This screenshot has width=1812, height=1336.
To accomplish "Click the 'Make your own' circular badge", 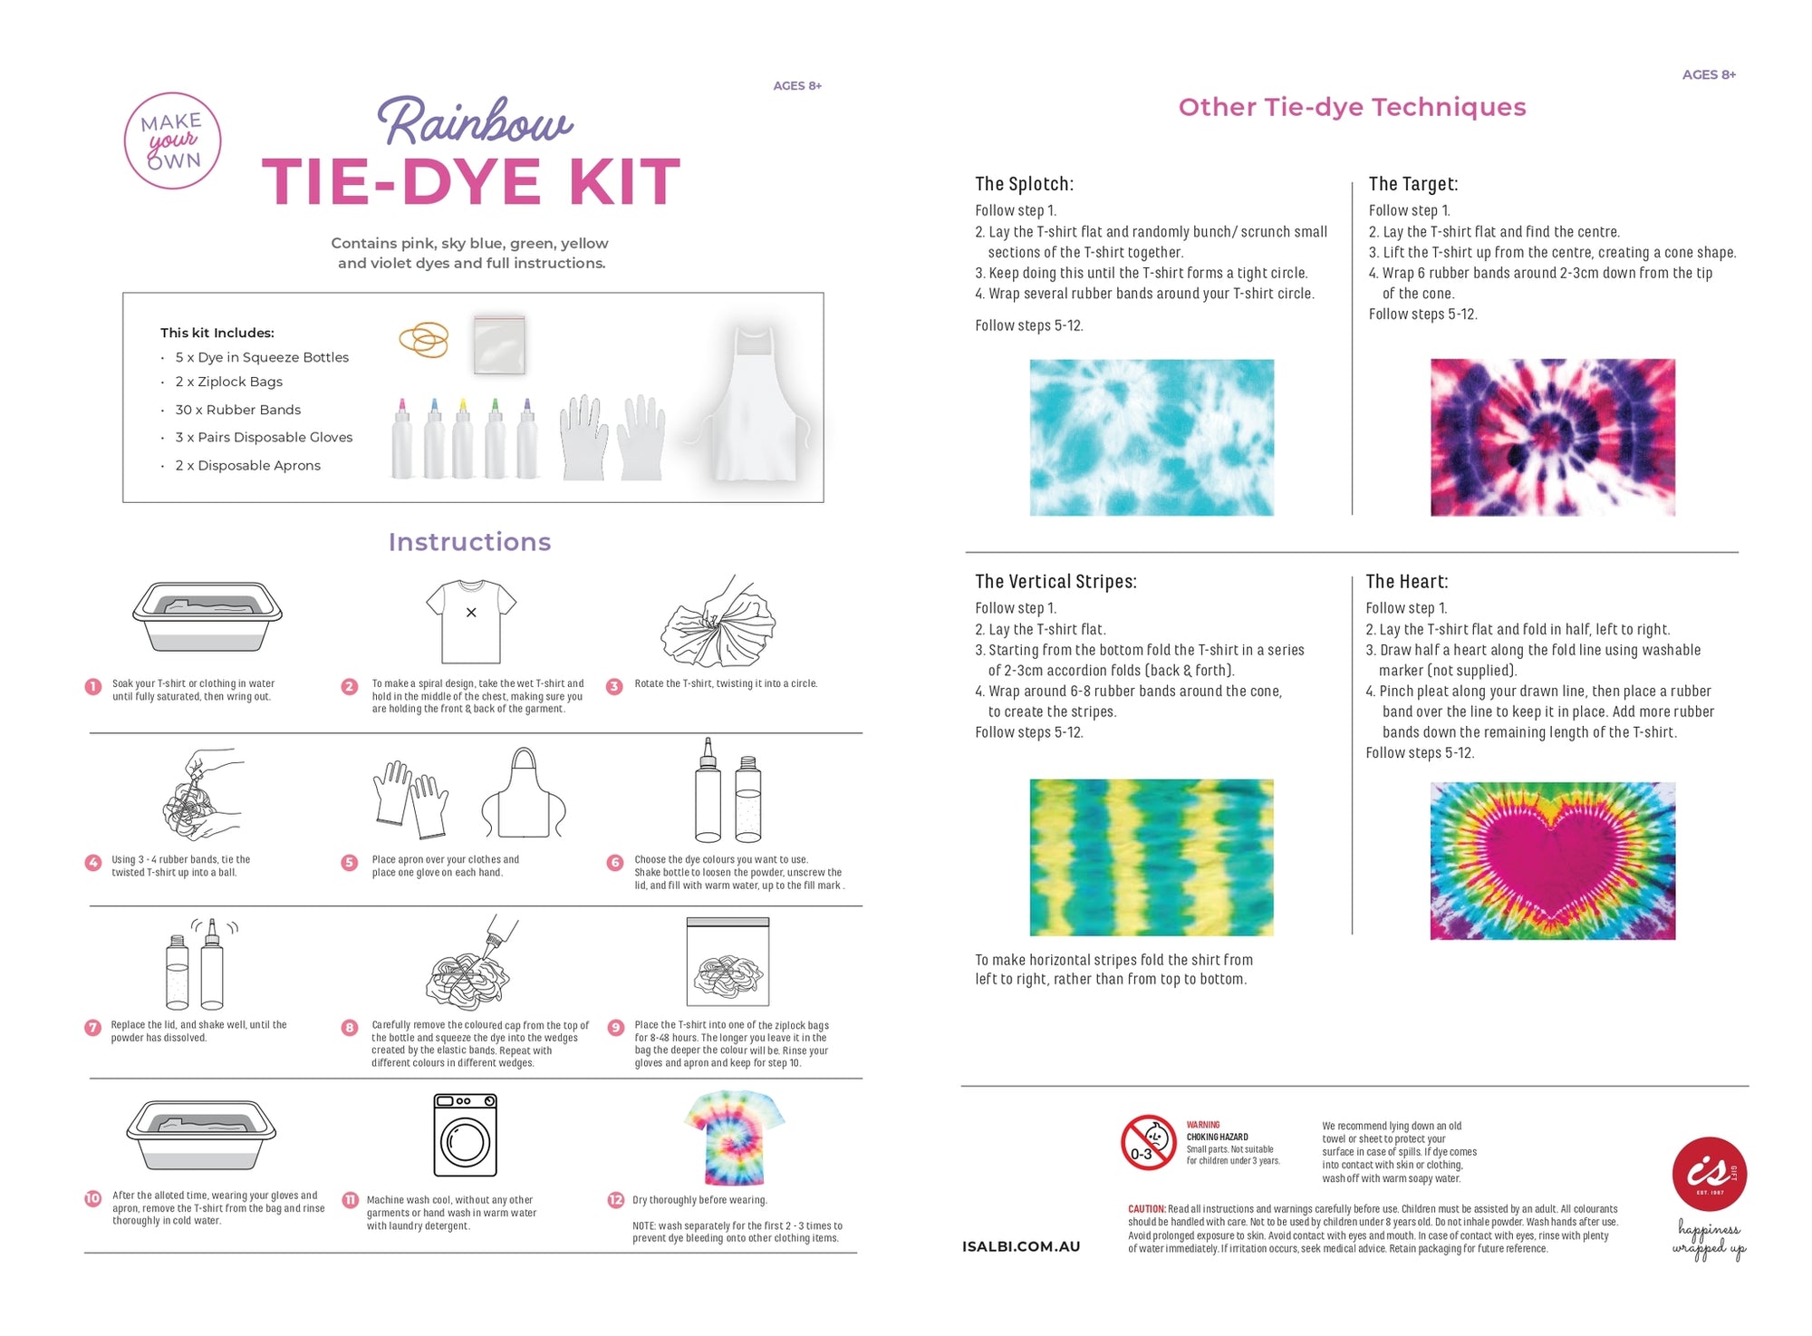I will pyautogui.click(x=172, y=140).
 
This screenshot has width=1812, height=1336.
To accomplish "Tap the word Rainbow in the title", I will pyautogui.click(x=474, y=121).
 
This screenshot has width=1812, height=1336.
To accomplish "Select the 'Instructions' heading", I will pyautogui.click(x=469, y=542).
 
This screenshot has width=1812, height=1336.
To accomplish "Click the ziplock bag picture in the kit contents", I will pyautogui.click(x=498, y=344).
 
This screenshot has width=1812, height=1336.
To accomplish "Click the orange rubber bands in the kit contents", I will pyautogui.click(x=424, y=340).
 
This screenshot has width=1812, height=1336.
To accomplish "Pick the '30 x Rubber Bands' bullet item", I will pyautogui.click(x=237, y=410).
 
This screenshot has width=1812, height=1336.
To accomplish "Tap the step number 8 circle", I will pyautogui.click(x=350, y=1027).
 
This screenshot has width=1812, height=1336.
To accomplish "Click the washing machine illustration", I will pyautogui.click(x=465, y=1135).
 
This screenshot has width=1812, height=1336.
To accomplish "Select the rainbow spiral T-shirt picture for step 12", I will pyautogui.click(x=734, y=1138).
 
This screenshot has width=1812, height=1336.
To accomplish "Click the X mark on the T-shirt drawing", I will pyautogui.click(x=471, y=613).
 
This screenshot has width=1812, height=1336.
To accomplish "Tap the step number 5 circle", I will pyautogui.click(x=350, y=862).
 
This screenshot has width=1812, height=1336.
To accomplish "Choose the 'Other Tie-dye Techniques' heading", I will pyautogui.click(x=1352, y=107).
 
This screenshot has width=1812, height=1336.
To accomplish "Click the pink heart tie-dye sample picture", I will pyautogui.click(x=1552, y=860).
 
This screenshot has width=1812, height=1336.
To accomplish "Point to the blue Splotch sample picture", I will pyautogui.click(x=1151, y=438).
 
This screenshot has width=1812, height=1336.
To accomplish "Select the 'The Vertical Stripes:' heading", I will pyautogui.click(x=1055, y=582).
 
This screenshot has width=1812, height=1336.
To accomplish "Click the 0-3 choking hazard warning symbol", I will pyautogui.click(x=1148, y=1142).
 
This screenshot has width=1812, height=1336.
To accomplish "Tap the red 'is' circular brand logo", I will pyautogui.click(x=1709, y=1174).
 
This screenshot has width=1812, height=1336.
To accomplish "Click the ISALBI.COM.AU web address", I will pyautogui.click(x=1021, y=1246).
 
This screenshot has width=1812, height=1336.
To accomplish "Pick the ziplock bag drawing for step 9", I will pyautogui.click(x=728, y=962).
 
